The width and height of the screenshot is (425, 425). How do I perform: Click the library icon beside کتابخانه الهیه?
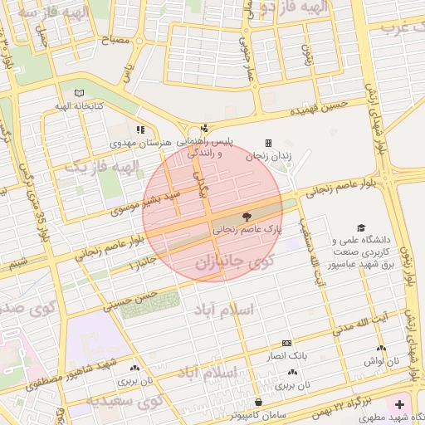[79, 93]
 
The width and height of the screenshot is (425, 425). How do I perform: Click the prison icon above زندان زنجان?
[268, 143]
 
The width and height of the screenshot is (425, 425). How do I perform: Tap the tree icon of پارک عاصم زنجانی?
[247, 216]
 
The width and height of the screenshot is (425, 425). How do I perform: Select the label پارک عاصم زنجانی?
[248, 227]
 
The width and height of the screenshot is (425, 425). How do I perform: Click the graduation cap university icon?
[360, 227]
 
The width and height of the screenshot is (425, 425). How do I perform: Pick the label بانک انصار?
[287, 355]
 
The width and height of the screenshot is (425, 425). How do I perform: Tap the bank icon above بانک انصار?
[287, 343]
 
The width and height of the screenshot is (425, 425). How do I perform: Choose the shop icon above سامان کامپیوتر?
[260, 402]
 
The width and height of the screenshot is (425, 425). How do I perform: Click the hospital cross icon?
[401, 405]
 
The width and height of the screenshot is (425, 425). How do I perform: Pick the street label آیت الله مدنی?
[361, 325]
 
